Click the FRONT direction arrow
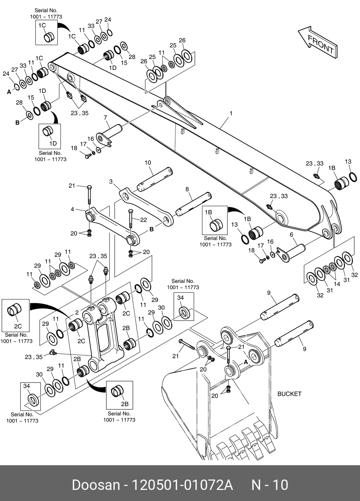[317, 43]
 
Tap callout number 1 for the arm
[231, 113]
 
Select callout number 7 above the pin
[105, 118]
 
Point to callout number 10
[148, 162]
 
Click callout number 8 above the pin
[187, 189]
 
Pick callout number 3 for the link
[111, 181]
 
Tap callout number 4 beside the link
[72, 209]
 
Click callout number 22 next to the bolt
[144, 220]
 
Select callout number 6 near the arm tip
[291, 235]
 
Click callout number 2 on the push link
[77, 312]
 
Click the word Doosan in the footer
[96, 485]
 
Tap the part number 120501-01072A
[182, 485]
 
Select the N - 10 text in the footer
[270, 485]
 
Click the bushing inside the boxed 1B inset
[216, 225]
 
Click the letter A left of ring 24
[9, 92]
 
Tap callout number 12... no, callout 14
[337, 284]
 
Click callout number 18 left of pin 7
[74, 148]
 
